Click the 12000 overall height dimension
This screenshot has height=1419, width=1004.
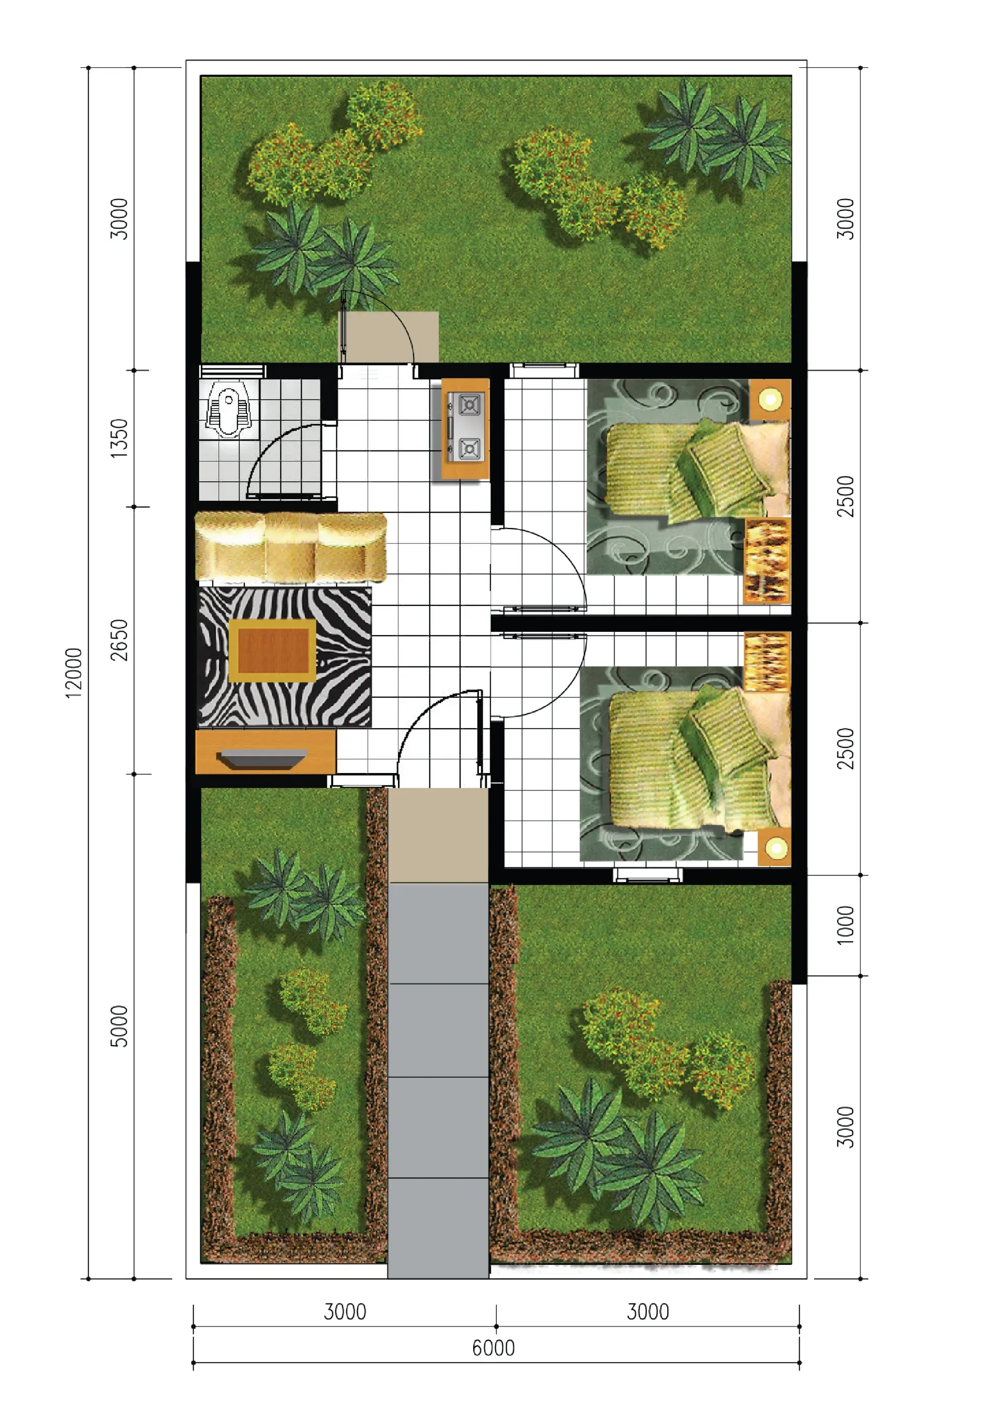pos(74,673)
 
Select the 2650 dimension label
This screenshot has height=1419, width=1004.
pos(119,640)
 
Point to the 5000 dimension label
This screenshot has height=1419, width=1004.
pos(119,1026)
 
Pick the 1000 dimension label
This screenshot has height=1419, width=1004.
pos(845,925)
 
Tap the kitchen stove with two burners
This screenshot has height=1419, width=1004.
pos(465,428)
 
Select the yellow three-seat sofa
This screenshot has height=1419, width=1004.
pos(291,547)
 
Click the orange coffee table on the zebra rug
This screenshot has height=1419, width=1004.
pos(272,651)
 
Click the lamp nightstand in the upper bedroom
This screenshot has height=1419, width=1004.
pos(770,399)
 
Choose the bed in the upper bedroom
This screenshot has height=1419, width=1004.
pos(698,470)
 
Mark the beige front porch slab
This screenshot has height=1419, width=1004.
pos(438,835)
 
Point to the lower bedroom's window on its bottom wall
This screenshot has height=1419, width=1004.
pos(648,874)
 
